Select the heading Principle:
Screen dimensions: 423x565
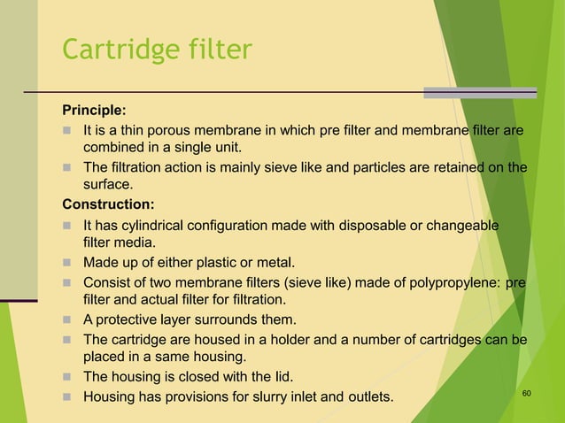[93, 111]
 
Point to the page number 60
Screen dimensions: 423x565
[527, 392]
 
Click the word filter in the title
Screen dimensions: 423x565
[221, 50]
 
